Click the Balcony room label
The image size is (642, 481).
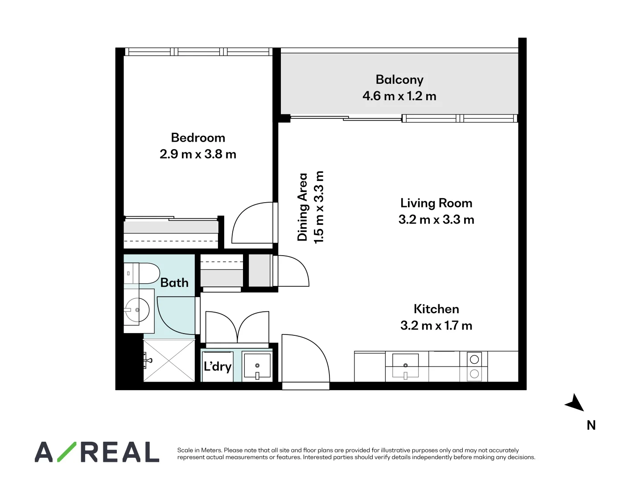[399, 80]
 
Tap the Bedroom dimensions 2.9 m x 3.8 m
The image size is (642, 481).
[198, 154]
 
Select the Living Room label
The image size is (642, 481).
[436, 203]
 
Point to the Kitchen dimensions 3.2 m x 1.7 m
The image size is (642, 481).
[436, 326]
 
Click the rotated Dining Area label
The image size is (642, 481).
[303, 207]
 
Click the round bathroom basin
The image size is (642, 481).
[137, 310]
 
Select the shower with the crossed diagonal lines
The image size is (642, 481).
[169, 361]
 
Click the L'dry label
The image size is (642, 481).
[218, 366]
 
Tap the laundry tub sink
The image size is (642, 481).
[257, 366]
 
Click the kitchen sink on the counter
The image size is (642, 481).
[405, 366]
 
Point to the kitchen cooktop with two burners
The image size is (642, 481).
[474, 366]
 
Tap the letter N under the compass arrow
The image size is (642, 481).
[591, 425]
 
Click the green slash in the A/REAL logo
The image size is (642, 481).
[66, 452]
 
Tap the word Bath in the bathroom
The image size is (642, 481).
[174, 283]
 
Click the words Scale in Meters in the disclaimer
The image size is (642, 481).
[199, 450]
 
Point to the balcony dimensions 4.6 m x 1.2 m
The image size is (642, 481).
[399, 96]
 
